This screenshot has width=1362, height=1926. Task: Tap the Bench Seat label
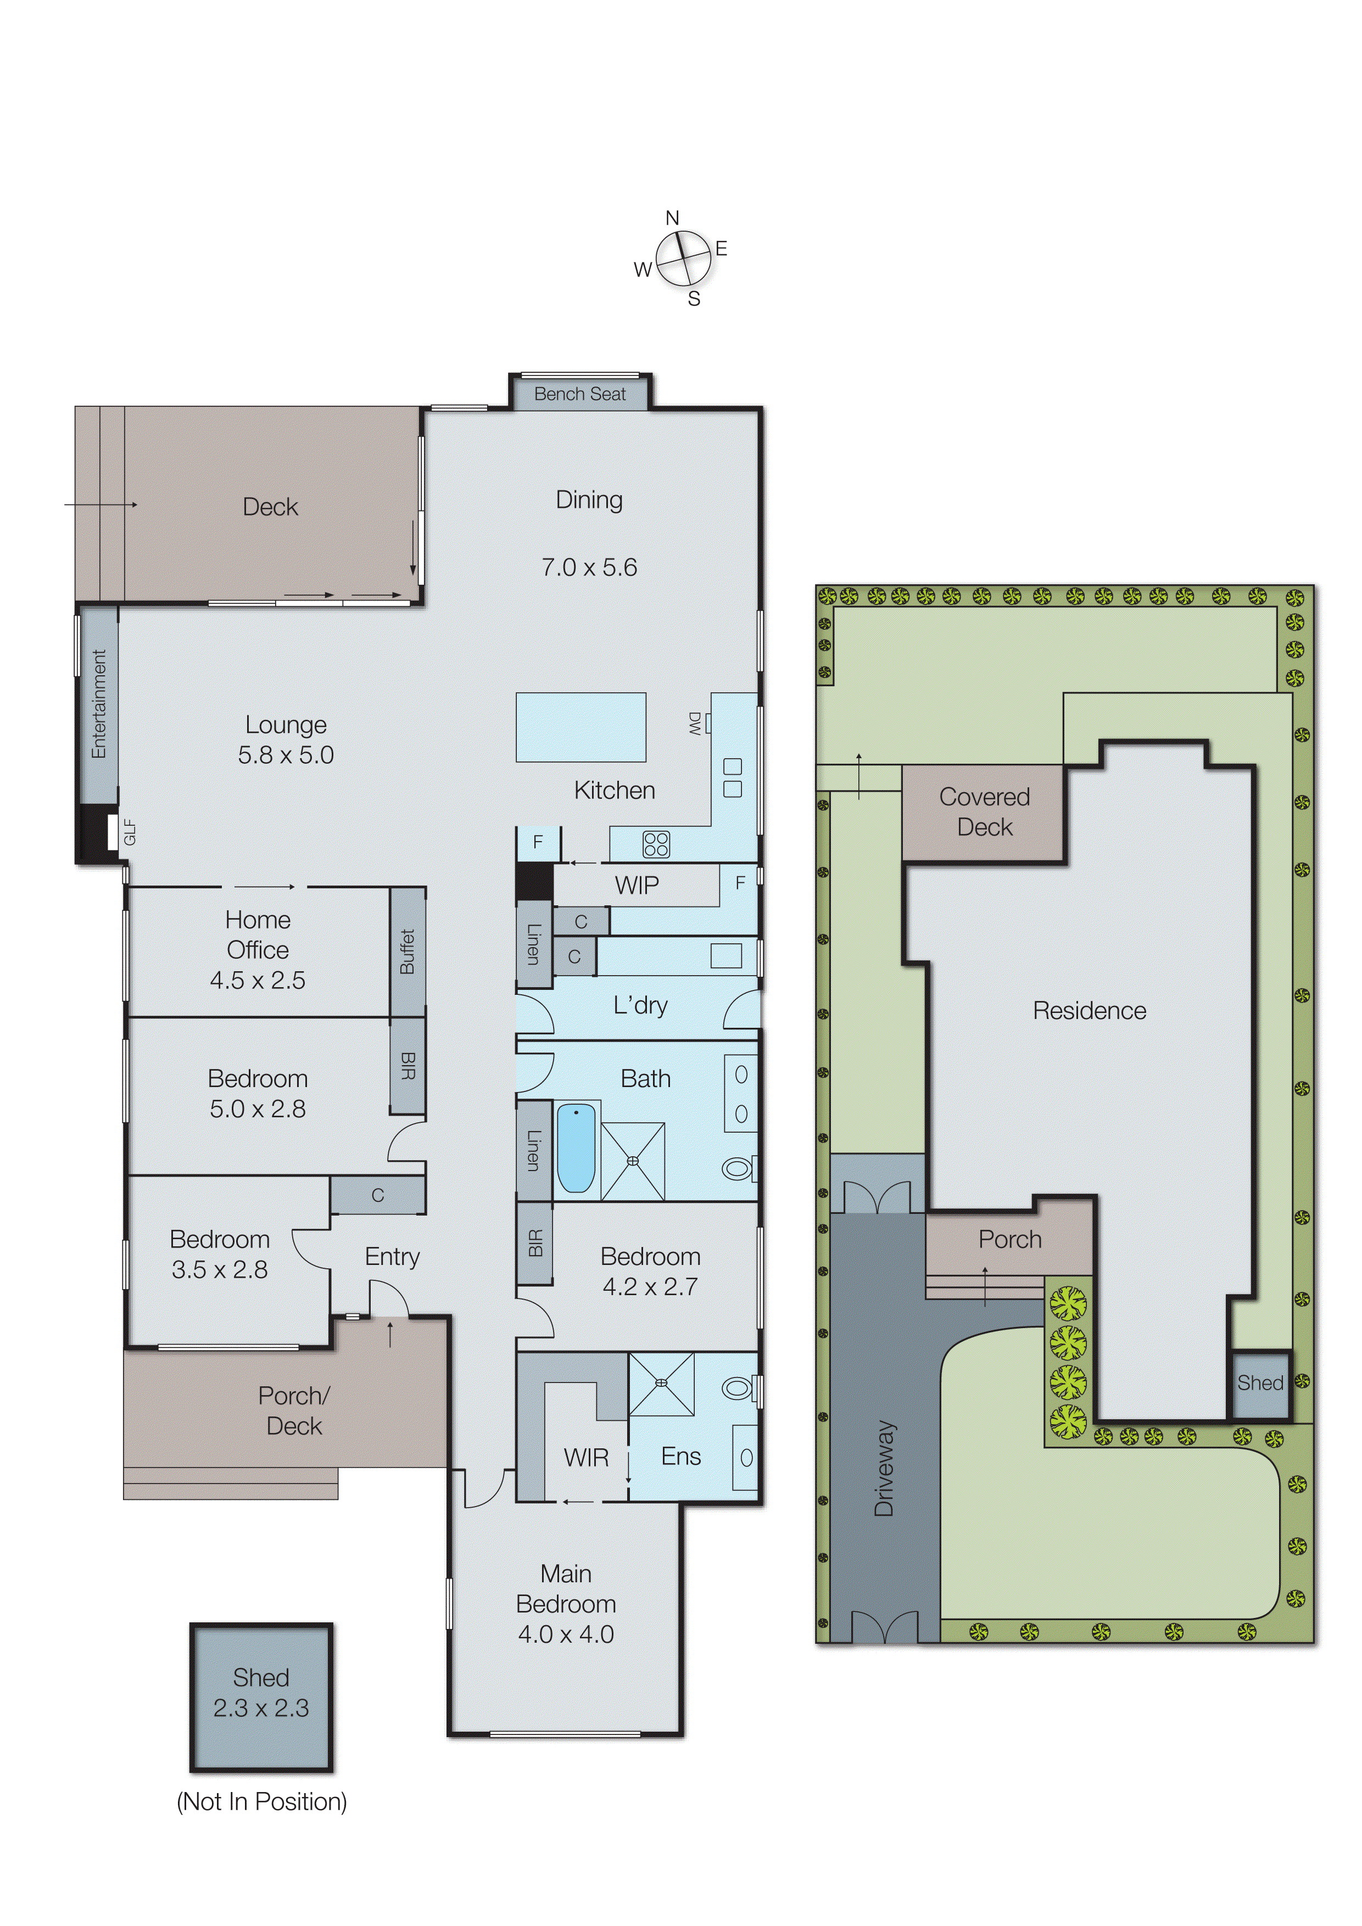point(580,394)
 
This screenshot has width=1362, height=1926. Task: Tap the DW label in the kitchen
point(695,723)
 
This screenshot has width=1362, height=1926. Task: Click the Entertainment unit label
point(99,704)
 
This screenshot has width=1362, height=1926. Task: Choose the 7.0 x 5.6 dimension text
point(589,568)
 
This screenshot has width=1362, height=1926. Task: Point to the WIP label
point(637,885)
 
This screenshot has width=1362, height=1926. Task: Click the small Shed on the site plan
point(1260,1382)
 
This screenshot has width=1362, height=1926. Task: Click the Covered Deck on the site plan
point(984,812)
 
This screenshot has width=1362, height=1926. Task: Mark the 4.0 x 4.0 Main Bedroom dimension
point(566,1634)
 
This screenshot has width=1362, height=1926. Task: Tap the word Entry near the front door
point(392,1257)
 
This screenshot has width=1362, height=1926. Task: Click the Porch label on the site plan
point(1009,1239)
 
